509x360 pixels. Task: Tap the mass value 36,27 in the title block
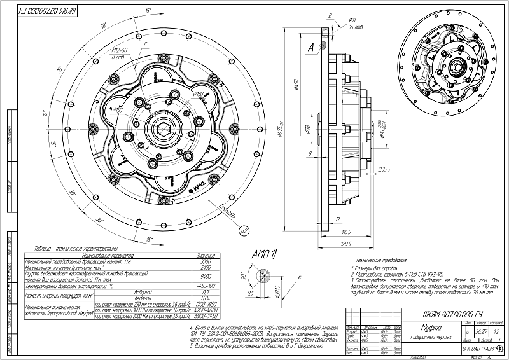pos(472,331)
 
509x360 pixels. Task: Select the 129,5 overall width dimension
pos(345,244)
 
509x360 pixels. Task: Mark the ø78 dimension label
pos(307,130)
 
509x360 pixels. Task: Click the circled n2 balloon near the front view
pos(242,231)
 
